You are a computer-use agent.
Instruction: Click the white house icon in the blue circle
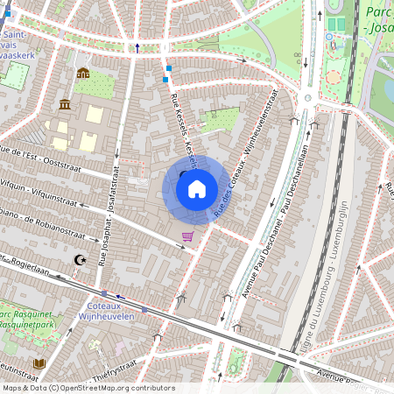tap(197, 188)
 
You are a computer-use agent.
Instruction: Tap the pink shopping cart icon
tap(186, 236)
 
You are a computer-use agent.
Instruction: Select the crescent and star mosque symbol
tap(81, 260)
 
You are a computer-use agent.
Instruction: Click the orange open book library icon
tap(39, 362)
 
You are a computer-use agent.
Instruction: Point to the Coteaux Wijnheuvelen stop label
tap(106, 311)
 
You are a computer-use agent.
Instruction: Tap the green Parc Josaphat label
tap(378, 19)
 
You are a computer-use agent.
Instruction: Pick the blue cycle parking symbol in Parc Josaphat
tap(329, 37)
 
